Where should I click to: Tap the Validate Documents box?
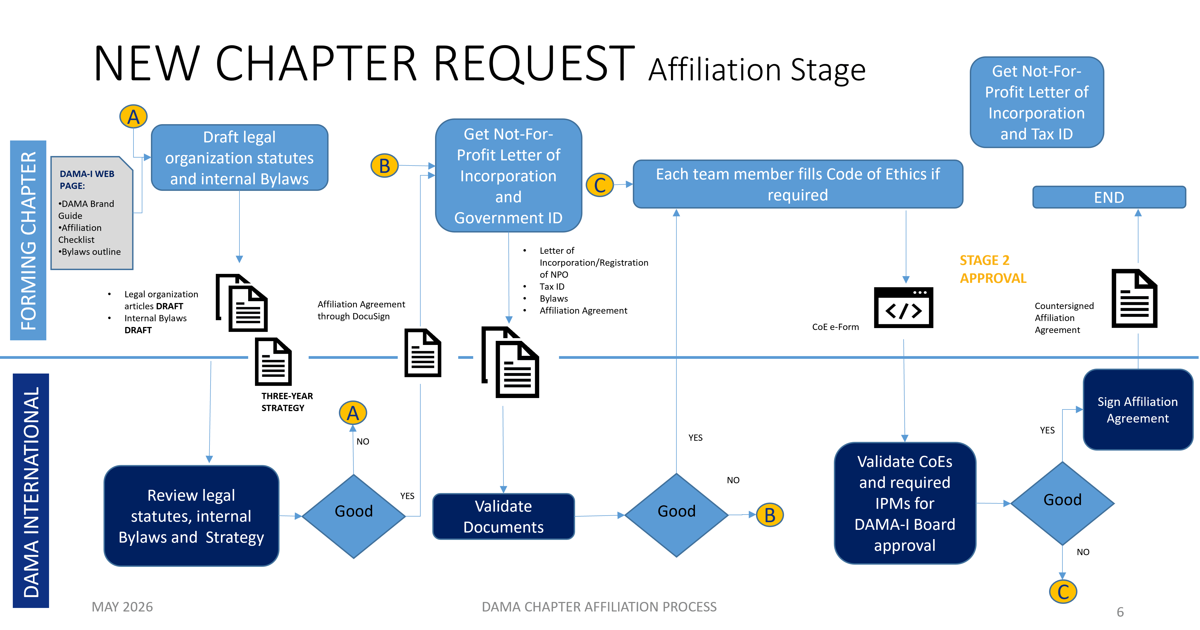(504, 516)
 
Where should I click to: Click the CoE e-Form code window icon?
(903, 307)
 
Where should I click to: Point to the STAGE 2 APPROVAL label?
(993, 269)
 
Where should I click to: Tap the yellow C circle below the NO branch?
(1063, 591)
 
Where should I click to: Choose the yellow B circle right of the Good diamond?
(770, 515)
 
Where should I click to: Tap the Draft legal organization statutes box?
(239, 157)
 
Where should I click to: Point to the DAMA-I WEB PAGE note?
(92, 213)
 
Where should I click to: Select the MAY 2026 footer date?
(122, 607)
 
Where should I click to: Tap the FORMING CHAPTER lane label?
(28, 240)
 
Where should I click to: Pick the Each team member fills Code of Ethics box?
(798, 184)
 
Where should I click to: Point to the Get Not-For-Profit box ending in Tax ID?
(1037, 102)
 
